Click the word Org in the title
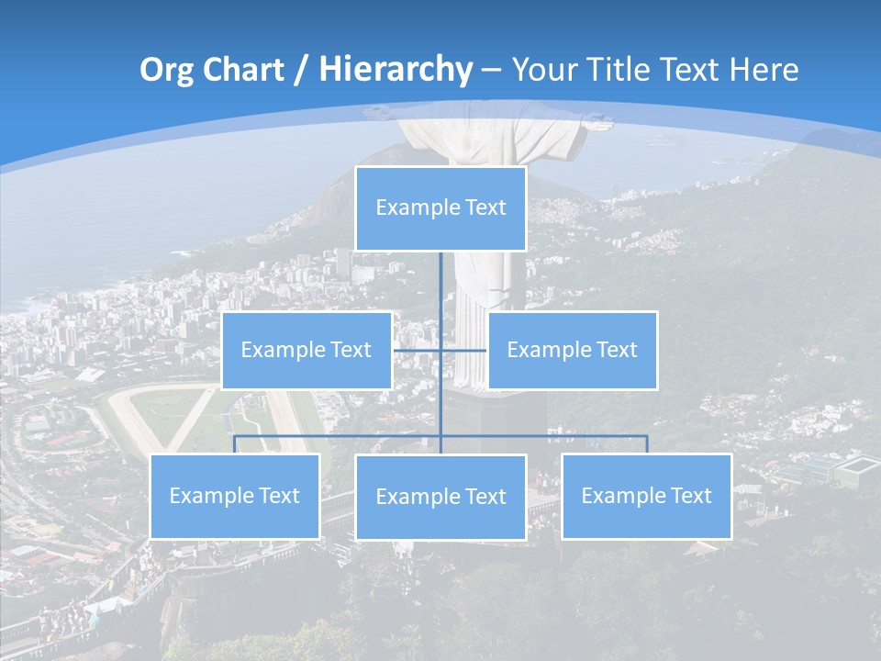click(166, 70)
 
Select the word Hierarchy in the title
click(395, 70)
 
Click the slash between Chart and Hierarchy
click(300, 71)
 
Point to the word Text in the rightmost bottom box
click(690, 497)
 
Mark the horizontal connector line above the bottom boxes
click(551, 435)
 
